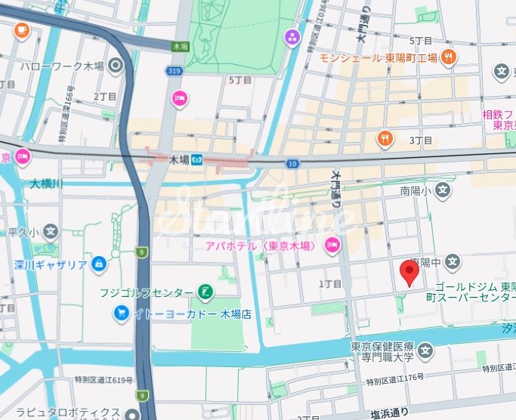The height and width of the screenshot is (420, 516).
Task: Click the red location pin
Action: pos(409,272)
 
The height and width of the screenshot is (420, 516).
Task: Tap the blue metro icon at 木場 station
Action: pos(196,160)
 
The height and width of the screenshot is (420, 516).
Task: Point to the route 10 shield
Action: pos(292,164)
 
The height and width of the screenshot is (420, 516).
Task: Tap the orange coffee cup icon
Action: pos(21,31)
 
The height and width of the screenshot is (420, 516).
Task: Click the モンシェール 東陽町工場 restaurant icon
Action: pos(449,57)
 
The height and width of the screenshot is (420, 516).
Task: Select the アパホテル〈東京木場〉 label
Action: pos(264,245)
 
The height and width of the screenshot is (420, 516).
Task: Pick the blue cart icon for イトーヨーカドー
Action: pos(121,312)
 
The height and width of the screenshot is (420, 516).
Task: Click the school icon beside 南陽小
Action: pos(443,192)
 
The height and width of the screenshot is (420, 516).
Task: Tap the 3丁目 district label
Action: pos(420,141)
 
